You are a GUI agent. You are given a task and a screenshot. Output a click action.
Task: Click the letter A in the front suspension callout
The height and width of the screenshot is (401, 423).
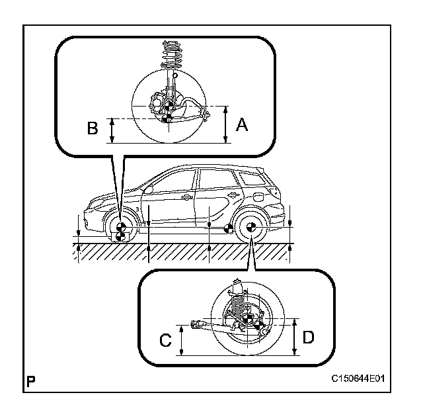pos(241,124)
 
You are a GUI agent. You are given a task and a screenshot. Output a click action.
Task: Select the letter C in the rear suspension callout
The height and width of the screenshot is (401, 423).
pos(166,340)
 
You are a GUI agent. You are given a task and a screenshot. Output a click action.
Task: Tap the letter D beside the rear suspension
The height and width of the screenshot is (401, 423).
pos(308,337)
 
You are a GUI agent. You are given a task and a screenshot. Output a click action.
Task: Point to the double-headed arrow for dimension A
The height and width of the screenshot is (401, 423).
pos(225,124)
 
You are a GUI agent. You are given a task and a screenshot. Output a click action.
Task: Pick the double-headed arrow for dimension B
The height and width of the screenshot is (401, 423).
pos(112,130)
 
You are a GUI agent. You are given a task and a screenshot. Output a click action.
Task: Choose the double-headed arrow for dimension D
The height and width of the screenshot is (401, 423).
pos(293,337)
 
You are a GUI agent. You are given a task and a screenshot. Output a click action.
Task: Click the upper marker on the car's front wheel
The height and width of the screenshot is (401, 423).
pos(120,225)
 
